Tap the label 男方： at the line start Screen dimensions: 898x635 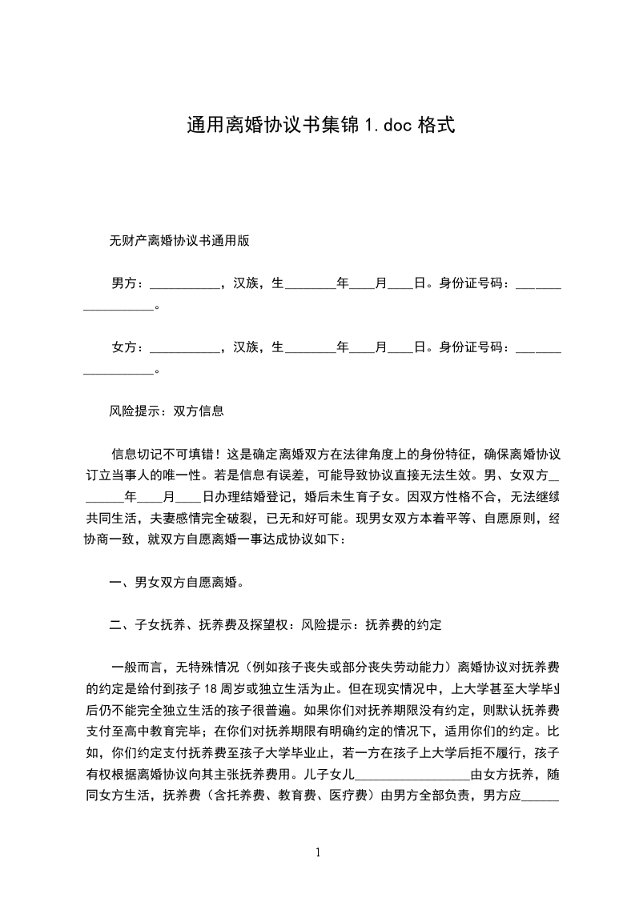pos(128,283)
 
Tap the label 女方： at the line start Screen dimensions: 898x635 pos(128,347)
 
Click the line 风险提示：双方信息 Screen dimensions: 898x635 pos(166,412)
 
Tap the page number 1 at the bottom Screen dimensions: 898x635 pos(318,852)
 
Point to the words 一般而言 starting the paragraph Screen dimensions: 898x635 pos(137,668)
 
